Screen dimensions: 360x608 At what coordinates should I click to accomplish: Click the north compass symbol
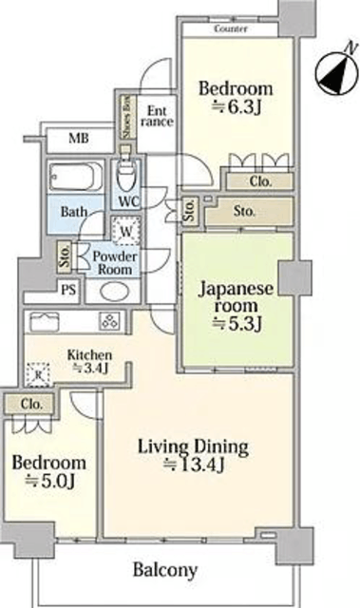coord(336,74)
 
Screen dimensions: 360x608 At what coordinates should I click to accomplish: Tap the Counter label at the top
coord(231,28)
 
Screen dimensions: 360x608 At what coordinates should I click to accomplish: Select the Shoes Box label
coord(127,117)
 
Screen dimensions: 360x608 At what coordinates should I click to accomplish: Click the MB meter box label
coord(79,138)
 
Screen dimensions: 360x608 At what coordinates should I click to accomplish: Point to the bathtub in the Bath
coord(76,177)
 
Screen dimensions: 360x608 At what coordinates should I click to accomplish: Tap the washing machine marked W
coord(126,231)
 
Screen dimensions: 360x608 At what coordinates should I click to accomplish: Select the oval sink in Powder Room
coord(114,292)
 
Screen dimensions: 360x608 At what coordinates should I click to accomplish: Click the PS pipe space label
coord(68,290)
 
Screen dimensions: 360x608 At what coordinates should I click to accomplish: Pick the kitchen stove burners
coord(109,321)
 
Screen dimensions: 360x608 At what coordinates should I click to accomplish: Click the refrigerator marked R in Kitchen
coord(38,374)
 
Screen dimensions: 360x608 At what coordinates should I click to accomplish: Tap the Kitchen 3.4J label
coord(89,361)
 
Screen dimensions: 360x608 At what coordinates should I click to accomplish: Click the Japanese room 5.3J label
coord(236,306)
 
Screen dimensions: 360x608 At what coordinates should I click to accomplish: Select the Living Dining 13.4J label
coord(194,455)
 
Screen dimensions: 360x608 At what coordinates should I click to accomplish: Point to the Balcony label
coord(165,570)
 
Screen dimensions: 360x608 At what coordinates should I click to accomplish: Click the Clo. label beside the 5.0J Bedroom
coord(31,404)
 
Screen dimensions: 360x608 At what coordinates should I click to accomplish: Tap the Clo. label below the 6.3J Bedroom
coord(260,181)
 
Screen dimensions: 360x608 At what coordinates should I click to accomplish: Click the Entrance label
coord(157,116)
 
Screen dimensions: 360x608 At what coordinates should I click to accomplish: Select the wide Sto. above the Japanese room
coord(244,211)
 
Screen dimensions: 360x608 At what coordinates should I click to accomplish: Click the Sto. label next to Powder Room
coord(65,256)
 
